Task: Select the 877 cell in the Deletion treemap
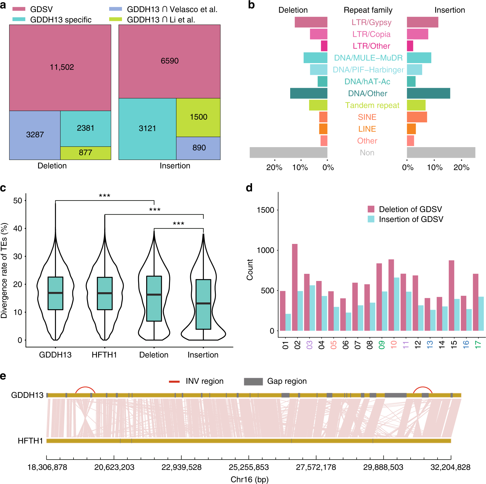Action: click(x=86, y=153)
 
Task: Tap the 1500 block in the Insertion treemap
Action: click(x=198, y=117)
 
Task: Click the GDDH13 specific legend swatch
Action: click(x=19, y=19)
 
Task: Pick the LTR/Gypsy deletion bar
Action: click(x=311, y=22)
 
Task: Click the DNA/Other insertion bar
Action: click(x=428, y=93)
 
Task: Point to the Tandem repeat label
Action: click(x=372, y=105)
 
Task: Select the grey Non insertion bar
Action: click(x=441, y=153)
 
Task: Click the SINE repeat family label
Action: click(x=367, y=117)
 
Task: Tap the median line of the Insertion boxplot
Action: click(x=203, y=303)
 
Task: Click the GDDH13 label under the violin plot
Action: click(x=55, y=355)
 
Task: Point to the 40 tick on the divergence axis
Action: click(x=18, y=229)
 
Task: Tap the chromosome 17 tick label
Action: click(x=478, y=345)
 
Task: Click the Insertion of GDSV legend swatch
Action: click(x=371, y=219)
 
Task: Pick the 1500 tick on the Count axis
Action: click(x=265, y=210)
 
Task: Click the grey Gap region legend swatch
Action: click(x=253, y=381)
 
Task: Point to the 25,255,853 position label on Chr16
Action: click(x=248, y=467)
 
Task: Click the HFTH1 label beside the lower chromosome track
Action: click(x=30, y=441)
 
